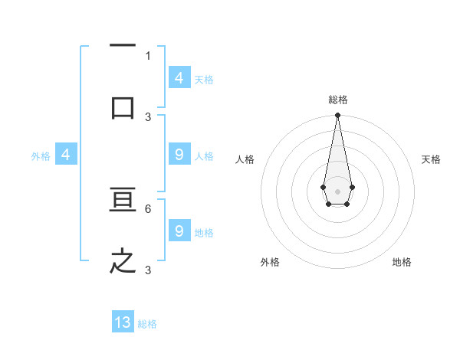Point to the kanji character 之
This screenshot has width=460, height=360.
(123, 261)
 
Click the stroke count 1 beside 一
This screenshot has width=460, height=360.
(148, 55)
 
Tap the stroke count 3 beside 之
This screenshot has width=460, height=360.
(148, 270)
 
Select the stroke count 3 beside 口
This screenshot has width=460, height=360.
(148, 116)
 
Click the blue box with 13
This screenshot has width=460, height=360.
(123, 322)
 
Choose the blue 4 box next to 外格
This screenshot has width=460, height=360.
(65, 155)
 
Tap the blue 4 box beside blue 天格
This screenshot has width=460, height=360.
(179, 78)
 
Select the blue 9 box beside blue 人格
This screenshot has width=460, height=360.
(179, 155)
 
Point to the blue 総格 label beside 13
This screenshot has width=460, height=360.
(147, 324)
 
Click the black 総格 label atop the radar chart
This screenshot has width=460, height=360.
(337, 100)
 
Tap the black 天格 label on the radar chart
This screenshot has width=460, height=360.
(431, 159)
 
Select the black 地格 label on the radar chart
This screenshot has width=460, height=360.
(402, 262)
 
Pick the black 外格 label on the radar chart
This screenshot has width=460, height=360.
(270, 262)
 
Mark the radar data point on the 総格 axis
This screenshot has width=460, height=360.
(337, 116)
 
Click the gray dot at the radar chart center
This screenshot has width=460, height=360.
(337, 191)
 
